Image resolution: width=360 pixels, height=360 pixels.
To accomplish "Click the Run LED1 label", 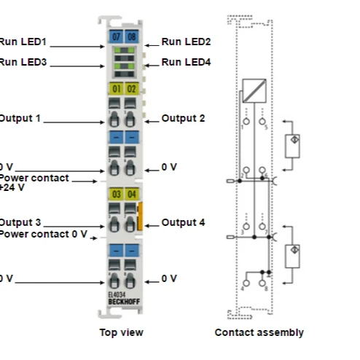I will pos(23,42).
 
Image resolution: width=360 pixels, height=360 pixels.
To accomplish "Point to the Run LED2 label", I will pos(186,42).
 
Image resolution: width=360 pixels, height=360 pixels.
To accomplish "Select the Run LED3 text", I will pos(23,63).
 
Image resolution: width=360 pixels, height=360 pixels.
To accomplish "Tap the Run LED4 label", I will pos(186,63).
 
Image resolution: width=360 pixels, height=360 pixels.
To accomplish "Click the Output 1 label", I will pos(20,118).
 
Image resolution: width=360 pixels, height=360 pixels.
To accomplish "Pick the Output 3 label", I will pos(20,222).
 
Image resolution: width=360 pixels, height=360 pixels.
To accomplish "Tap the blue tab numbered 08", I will pos(131,35).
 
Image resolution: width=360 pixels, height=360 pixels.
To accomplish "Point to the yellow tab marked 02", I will pos(131,89).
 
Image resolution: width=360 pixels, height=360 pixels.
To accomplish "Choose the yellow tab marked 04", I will pos(131,193).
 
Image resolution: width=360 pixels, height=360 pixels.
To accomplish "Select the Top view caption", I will pos(121,333).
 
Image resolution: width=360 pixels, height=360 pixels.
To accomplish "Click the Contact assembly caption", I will pos(259,333).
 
